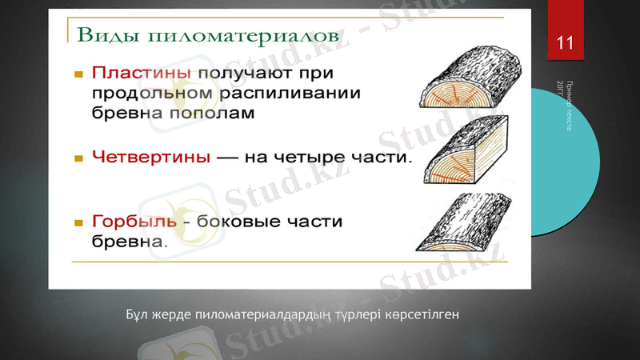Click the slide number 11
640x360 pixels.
click(x=565, y=42)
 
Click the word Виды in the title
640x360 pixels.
click(x=102, y=35)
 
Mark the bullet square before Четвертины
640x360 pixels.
click(x=78, y=158)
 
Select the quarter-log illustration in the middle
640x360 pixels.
click(x=462, y=154)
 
